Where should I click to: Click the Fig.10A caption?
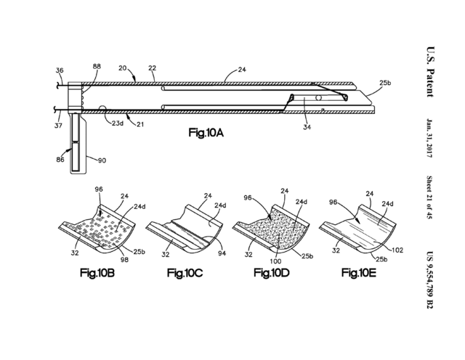[206, 132]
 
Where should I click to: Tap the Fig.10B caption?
[97, 273]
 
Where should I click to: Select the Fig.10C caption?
[185, 273]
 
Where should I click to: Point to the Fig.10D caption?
[271, 272]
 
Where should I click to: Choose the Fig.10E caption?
[359, 272]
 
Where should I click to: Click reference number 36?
[60, 70]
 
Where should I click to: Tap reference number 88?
[97, 66]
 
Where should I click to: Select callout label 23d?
[118, 123]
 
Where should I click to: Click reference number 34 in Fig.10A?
[307, 127]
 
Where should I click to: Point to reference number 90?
[102, 160]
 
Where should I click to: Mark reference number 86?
[60, 160]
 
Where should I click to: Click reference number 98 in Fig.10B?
[124, 260]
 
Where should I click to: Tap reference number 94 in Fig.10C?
[222, 253]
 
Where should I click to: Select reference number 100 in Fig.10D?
[275, 261]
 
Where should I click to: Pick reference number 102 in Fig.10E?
[397, 250]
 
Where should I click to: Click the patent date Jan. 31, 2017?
[429, 138]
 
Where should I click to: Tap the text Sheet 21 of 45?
[429, 197]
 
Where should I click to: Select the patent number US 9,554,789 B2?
[429, 280]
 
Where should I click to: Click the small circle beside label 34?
[319, 98]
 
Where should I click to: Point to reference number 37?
[58, 126]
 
